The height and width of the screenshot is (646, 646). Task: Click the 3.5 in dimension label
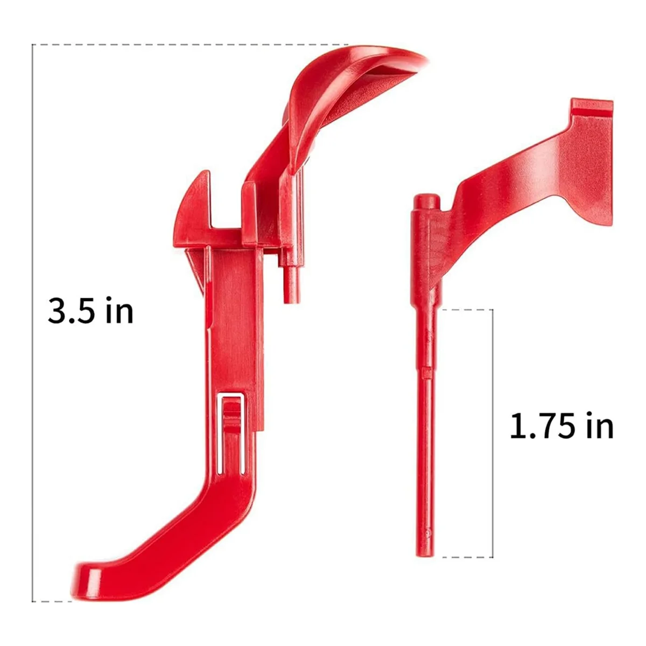click(x=90, y=311)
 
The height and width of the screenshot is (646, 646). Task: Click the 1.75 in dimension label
click(x=561, y=426)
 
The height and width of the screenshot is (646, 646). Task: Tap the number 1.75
click(x=542, y=426)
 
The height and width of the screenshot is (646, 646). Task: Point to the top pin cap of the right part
click(x=425, y=201)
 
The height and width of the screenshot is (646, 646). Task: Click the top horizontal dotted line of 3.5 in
click(x=188, y=44)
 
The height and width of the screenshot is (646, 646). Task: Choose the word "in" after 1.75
click(x=599, y=426)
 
